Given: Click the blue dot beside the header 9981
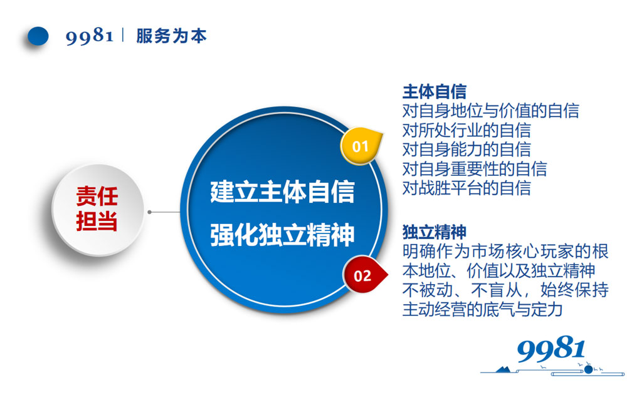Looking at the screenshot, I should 38,36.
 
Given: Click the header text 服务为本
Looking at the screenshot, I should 171,36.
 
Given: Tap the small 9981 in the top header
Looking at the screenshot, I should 90,36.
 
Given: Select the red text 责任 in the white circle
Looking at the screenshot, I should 97,196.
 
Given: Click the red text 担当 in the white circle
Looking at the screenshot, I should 97,221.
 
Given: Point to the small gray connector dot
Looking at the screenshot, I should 150,212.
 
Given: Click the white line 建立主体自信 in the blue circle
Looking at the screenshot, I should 282,191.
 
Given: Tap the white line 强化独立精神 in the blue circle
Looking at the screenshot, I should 282,236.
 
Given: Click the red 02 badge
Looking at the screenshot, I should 362,275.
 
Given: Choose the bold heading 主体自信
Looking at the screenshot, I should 434,93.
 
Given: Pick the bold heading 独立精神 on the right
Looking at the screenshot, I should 434,232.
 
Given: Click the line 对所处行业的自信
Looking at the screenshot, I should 466,130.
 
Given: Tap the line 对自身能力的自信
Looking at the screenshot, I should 466,149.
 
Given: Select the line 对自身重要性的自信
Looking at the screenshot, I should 474,168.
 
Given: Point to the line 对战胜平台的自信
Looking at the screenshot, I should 466,187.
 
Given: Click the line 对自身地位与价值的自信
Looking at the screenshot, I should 490,111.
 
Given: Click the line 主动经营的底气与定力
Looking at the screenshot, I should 482,309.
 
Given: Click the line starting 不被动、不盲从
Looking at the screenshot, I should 505,290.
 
